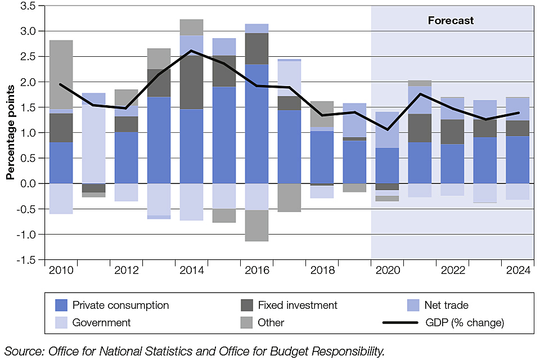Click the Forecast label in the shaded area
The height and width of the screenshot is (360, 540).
pos(451,21)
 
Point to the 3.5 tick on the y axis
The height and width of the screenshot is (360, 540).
pos(28,6)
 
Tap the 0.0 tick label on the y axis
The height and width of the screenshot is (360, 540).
pos(28,183)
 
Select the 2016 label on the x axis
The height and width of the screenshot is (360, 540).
pos(256,271)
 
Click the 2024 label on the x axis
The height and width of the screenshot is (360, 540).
pos(518,271)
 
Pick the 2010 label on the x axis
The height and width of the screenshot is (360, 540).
pos(61,271)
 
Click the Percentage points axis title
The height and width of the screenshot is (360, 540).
pos(10,133)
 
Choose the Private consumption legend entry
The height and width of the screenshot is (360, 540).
pos(120,305)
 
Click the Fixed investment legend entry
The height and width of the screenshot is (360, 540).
pos(298,305)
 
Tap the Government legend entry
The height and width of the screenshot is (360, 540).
pos(101,323)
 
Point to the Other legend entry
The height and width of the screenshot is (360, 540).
pos(271,323)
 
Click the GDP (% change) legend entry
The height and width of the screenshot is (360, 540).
pos(464,323)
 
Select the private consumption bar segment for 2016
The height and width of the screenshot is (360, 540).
pos(256,124)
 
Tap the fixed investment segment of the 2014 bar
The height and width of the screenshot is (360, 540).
pos(191,82)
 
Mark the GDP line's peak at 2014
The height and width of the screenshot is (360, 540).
pos(191,51)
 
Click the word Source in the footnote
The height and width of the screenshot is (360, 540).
pos(23,352)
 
